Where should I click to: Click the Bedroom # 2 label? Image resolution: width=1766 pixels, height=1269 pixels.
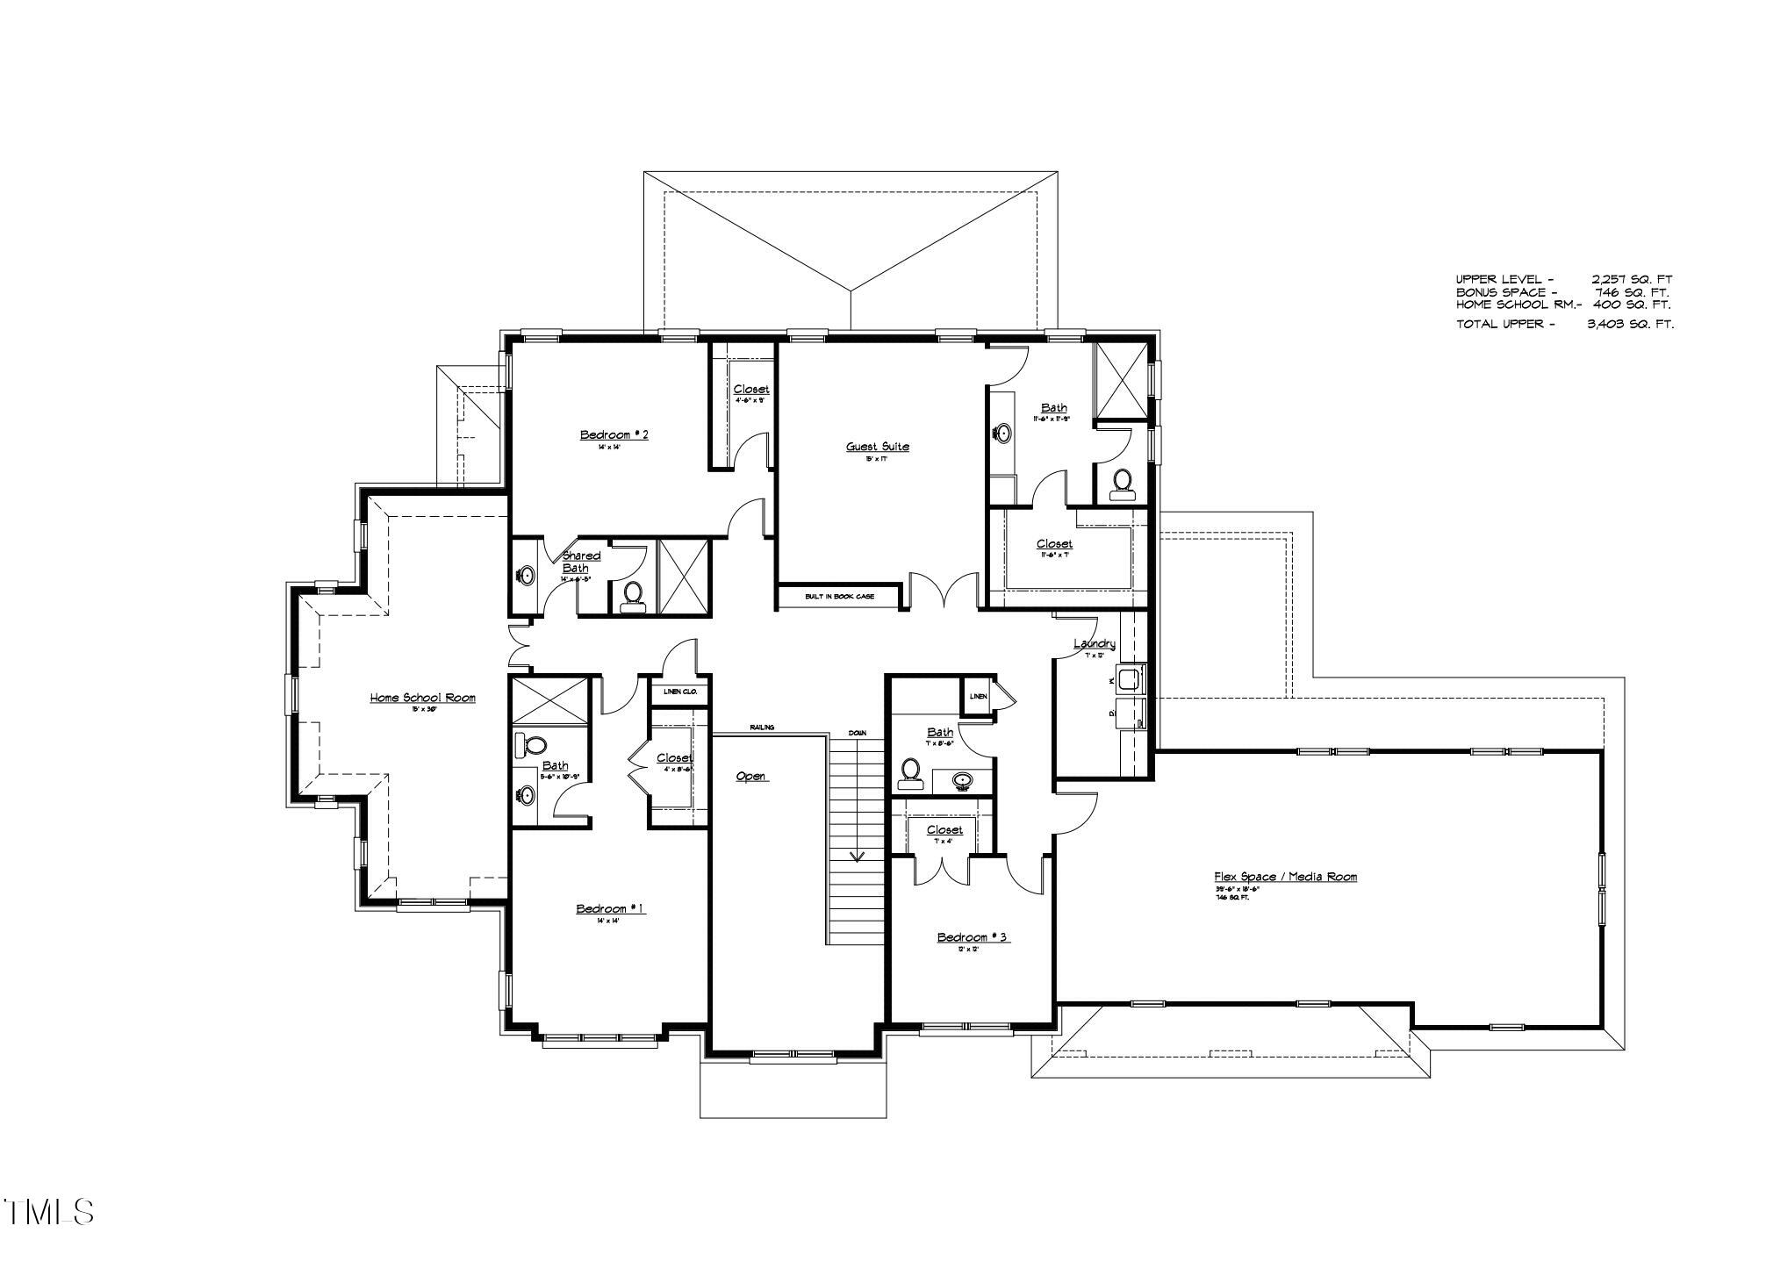tap(614, 435)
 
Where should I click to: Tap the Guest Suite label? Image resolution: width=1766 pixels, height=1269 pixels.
tap(878, 447)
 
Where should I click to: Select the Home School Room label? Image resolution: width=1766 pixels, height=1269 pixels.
tap(422, 699)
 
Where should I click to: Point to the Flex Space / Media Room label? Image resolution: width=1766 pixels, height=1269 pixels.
tap(1286, 877)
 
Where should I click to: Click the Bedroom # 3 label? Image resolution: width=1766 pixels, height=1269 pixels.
tap(973, 938)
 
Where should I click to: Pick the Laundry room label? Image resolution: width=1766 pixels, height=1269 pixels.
tap(1095, 644)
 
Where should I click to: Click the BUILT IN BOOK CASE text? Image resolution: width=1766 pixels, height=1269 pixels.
tap(840, 598)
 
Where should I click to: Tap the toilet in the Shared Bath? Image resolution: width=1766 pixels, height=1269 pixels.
tap(632, 596)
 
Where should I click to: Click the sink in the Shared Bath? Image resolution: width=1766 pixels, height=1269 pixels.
tap(526, 577)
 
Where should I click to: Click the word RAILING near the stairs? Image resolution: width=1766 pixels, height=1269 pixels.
tap(762, 728)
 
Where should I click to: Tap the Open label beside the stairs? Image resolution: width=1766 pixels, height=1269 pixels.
tap(750, 777)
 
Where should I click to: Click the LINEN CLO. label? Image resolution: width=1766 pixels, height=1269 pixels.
tap(679, 692)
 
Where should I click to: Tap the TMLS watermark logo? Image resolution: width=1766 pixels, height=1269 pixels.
tap(49, 1212)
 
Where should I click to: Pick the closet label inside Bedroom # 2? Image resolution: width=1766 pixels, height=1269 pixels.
tap(751, 389)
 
